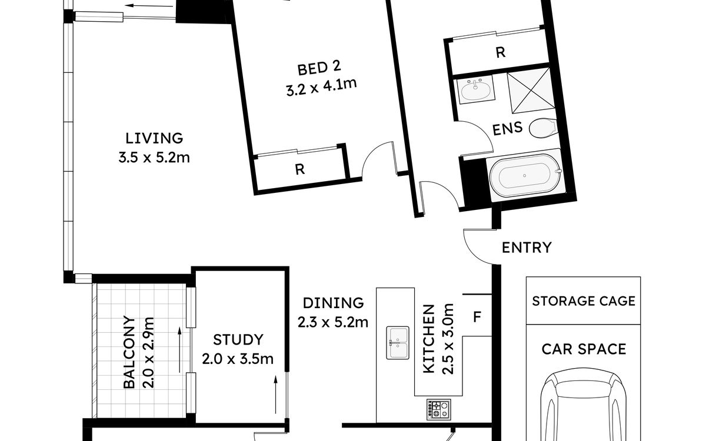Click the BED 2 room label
tap(319, 68)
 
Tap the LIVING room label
tap(154, 138)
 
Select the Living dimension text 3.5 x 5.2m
tap(154, 158)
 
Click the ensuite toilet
tap(542, 128)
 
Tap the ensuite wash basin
tap(476, 89)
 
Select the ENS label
tap(507, 129)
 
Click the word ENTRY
tap(527, 248)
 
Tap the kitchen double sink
tap(398, 343)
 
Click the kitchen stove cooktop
tap(439, 409)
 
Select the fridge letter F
tap(477, 317)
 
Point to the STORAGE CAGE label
tap(584, 301)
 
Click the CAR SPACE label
tap(584, 349)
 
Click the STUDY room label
tap(238, 340)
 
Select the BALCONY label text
tap(129, 352)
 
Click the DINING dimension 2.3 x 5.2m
tap(333, 323)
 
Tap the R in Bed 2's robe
tap(299, 169)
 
